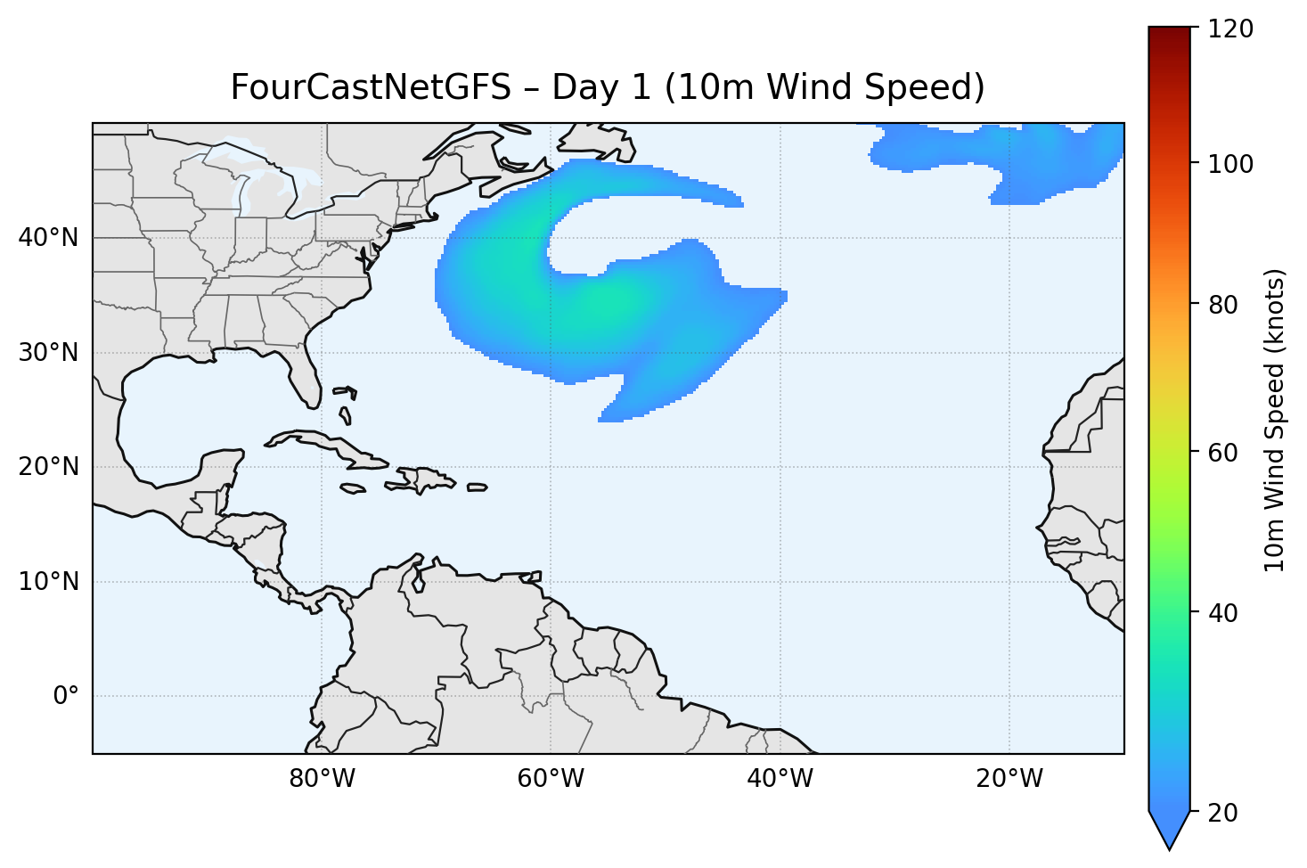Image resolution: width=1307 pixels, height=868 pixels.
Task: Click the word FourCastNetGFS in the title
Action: pos(371,87)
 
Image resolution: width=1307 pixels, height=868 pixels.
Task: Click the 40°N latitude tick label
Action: pos(48,238)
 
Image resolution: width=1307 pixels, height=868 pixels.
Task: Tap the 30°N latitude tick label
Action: pos(48,353)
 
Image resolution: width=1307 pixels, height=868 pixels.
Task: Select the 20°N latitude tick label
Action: pos(48,467)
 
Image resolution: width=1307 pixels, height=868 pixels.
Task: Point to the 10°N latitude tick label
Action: pos(48,582)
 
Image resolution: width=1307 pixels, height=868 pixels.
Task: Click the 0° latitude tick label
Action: pos(66,696)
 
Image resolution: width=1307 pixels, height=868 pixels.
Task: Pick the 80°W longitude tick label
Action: pos(322,779)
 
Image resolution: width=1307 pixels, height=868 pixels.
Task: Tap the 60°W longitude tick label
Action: pos(551,779)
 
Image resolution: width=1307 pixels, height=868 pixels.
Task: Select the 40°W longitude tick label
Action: pos(780,779)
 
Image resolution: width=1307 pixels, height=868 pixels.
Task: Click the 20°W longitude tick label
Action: pos(1009,779)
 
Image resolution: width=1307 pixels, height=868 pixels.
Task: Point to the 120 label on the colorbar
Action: pos(1230,29)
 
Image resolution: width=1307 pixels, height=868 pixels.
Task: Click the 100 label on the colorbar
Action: pos(1230,164)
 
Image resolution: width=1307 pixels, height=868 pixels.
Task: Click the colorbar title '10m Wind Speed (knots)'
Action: pos(1275,420)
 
